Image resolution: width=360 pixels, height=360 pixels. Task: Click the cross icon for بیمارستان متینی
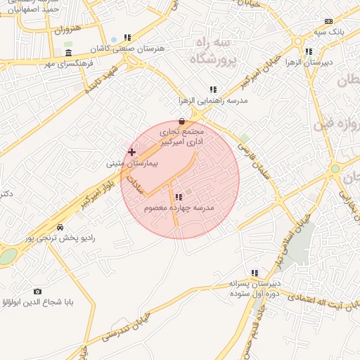click(x=131, y=152)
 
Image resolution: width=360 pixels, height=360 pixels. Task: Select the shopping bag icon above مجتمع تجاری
click(x=182, y=120)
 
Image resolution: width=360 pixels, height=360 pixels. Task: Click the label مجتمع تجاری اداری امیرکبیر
click(x=180, y=136)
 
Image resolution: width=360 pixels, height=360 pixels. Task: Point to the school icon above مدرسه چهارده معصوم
click(x=178, y=197)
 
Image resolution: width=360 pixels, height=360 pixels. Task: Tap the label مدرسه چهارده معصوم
click(x=178, y=208)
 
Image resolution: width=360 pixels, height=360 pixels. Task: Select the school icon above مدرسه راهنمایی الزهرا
click(x=213, y=89)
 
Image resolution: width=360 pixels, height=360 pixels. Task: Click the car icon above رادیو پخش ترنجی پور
click(x=60, y=227)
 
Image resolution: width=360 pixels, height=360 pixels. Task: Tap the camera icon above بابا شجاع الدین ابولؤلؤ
click(x=37, y=291)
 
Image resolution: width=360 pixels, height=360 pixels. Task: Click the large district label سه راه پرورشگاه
click(x=210, y=51)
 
